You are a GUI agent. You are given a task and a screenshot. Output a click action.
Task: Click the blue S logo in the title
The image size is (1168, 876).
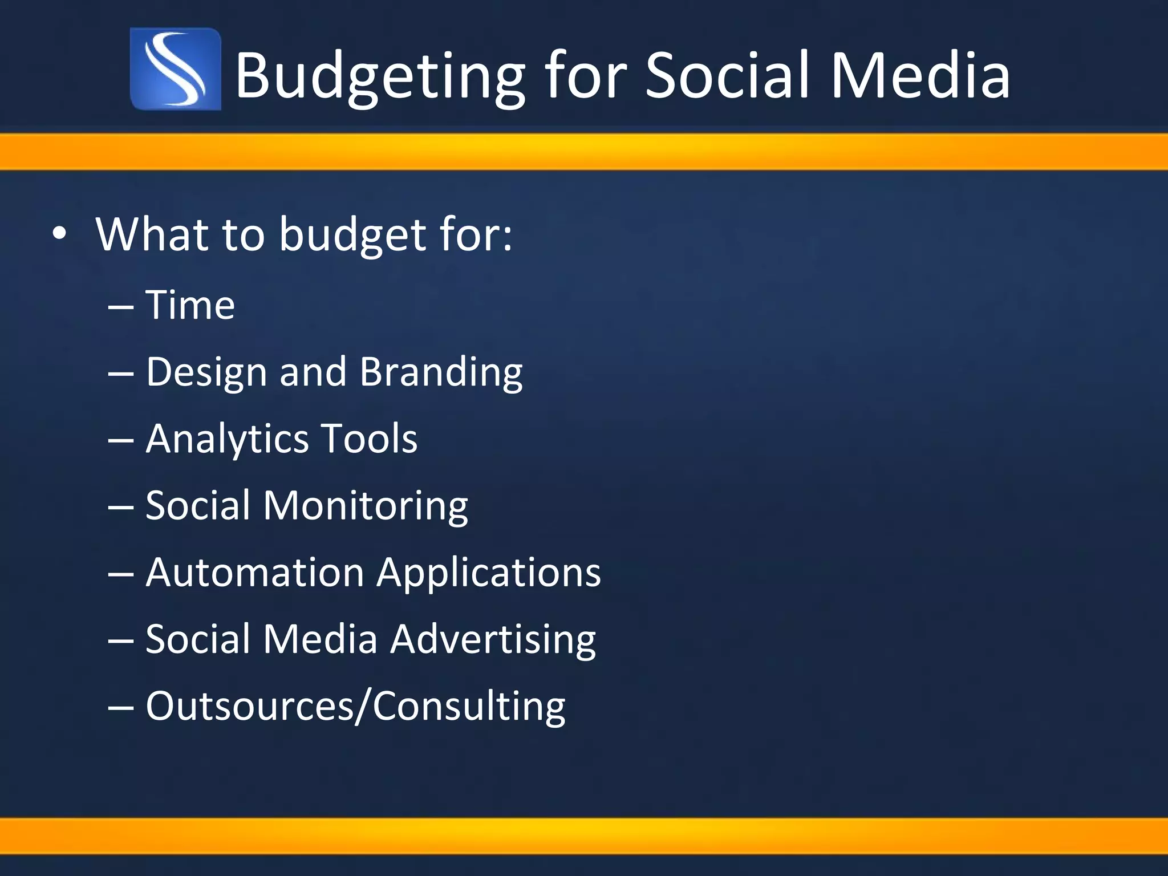click(x=175, y=69)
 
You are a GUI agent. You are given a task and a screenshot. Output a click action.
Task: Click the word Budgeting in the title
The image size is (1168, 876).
click(x=379, y=75)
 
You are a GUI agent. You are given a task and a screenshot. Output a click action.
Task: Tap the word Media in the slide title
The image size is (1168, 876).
click(x=920, y=75)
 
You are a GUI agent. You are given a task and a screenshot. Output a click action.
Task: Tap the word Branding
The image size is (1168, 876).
click(x=441, y=372)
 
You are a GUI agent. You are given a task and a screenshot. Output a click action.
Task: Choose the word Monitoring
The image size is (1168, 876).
click(x=365, y=506)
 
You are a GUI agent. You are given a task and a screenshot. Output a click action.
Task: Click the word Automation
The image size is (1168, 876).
click(x=255, y=572)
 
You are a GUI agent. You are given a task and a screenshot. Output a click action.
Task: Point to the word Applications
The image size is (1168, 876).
click(x=488, y=573)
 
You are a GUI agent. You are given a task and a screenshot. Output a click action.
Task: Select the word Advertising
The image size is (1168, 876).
click(x=493, y=639)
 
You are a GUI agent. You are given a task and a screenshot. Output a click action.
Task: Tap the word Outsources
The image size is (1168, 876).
click(x=250, y=706)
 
